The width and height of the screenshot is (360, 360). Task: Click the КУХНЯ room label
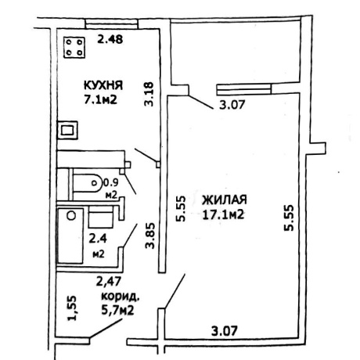(x=103, y=85)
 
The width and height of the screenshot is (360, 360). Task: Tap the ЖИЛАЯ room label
(x=225, y=200)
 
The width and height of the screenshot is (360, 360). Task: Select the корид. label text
(x=121, y=297)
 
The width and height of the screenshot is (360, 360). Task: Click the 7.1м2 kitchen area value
(x=100, y=99)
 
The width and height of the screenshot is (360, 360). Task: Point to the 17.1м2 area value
(x=223, y=215)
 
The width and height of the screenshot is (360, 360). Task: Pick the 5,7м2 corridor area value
(x=117, y=311)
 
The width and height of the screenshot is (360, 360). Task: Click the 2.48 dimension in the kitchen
(x=110, y=39)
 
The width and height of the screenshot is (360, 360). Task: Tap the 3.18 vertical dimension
(x=149, y=94)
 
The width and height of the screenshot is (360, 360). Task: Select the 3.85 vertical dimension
(x=150, y=236)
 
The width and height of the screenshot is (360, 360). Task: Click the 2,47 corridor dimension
(x=109, y=282)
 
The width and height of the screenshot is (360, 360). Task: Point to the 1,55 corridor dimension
(x=71, y=308)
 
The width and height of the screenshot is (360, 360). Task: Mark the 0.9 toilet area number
(x=111, y=182)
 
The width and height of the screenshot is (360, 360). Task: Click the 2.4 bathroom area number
(x=98, y=239)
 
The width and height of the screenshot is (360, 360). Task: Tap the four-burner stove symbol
(x=74, y=47)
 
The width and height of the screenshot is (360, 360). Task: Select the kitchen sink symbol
(x=67, y=130)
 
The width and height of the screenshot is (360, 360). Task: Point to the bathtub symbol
(x=70, y=236)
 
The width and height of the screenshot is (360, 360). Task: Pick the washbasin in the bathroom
(x=101, y=219)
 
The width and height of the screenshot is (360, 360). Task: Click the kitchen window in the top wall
(x=112, y=23)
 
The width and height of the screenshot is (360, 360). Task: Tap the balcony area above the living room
(x=236, y=52)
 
